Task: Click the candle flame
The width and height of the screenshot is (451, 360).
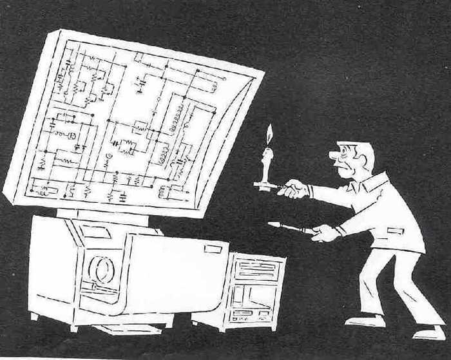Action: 269,135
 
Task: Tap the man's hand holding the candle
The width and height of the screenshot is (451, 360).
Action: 293,189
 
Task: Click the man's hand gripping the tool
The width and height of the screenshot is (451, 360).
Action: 324,232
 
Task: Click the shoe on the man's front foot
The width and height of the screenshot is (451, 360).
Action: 364,320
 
